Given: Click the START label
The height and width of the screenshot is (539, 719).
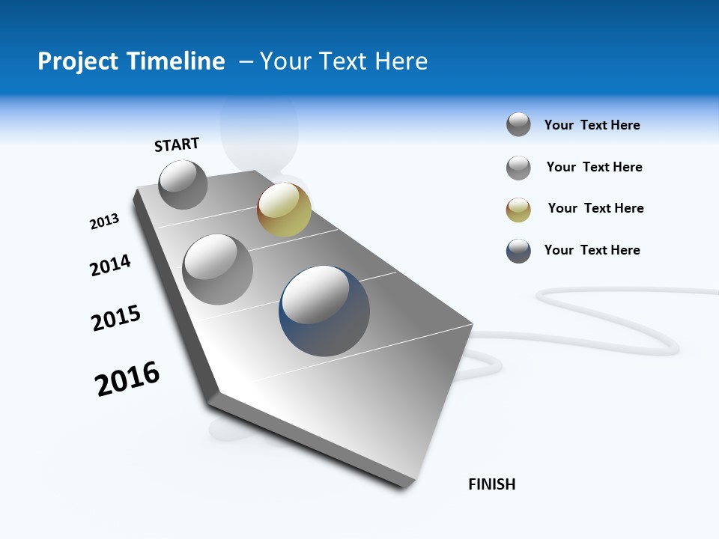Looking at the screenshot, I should pos(177,144).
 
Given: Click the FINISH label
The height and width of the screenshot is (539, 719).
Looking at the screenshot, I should pos(492,484).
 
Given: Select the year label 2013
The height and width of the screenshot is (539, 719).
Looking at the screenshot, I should pos(104,222).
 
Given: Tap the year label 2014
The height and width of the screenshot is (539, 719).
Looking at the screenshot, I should pos(110,265).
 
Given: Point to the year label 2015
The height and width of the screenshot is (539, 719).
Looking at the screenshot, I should pos(116,318).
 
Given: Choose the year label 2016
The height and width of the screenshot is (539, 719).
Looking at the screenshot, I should pos(127,379).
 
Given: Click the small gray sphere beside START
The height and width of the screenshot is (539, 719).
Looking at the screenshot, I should pos(183,184).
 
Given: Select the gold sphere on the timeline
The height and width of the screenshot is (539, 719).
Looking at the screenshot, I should pos(284,209).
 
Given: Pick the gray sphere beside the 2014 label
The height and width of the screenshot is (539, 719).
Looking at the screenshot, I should pos(218,269).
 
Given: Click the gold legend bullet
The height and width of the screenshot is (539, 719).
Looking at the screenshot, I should pos(518,210).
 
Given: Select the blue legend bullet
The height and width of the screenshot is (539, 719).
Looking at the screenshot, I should pos(518,251).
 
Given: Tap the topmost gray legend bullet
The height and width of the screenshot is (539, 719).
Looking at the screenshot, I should pos(518,124).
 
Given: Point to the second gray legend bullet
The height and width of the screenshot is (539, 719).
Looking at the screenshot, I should pos(518,168).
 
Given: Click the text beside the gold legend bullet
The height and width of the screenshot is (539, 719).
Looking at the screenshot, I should pos(595,208).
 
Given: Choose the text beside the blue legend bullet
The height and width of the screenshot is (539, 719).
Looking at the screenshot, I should pos(592,250).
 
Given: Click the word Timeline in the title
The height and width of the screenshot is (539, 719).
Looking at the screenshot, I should pos(177,61).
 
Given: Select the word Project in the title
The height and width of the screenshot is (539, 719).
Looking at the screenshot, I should pos(78,61).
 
